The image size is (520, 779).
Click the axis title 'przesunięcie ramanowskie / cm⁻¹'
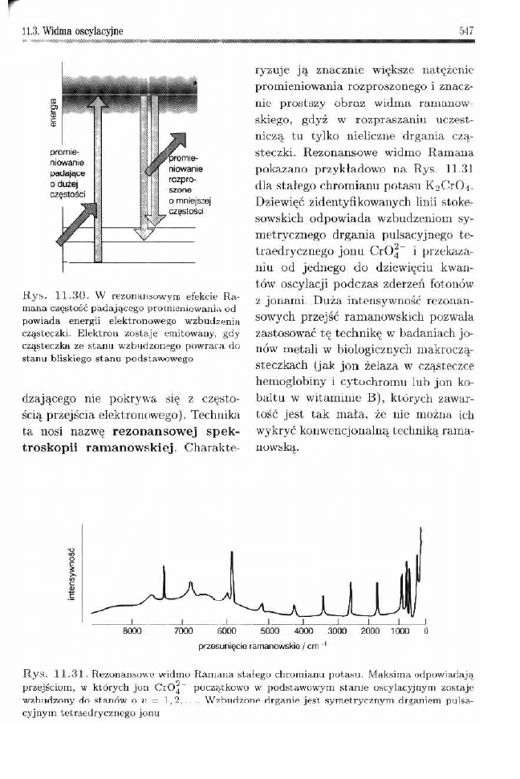click(261, 645)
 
